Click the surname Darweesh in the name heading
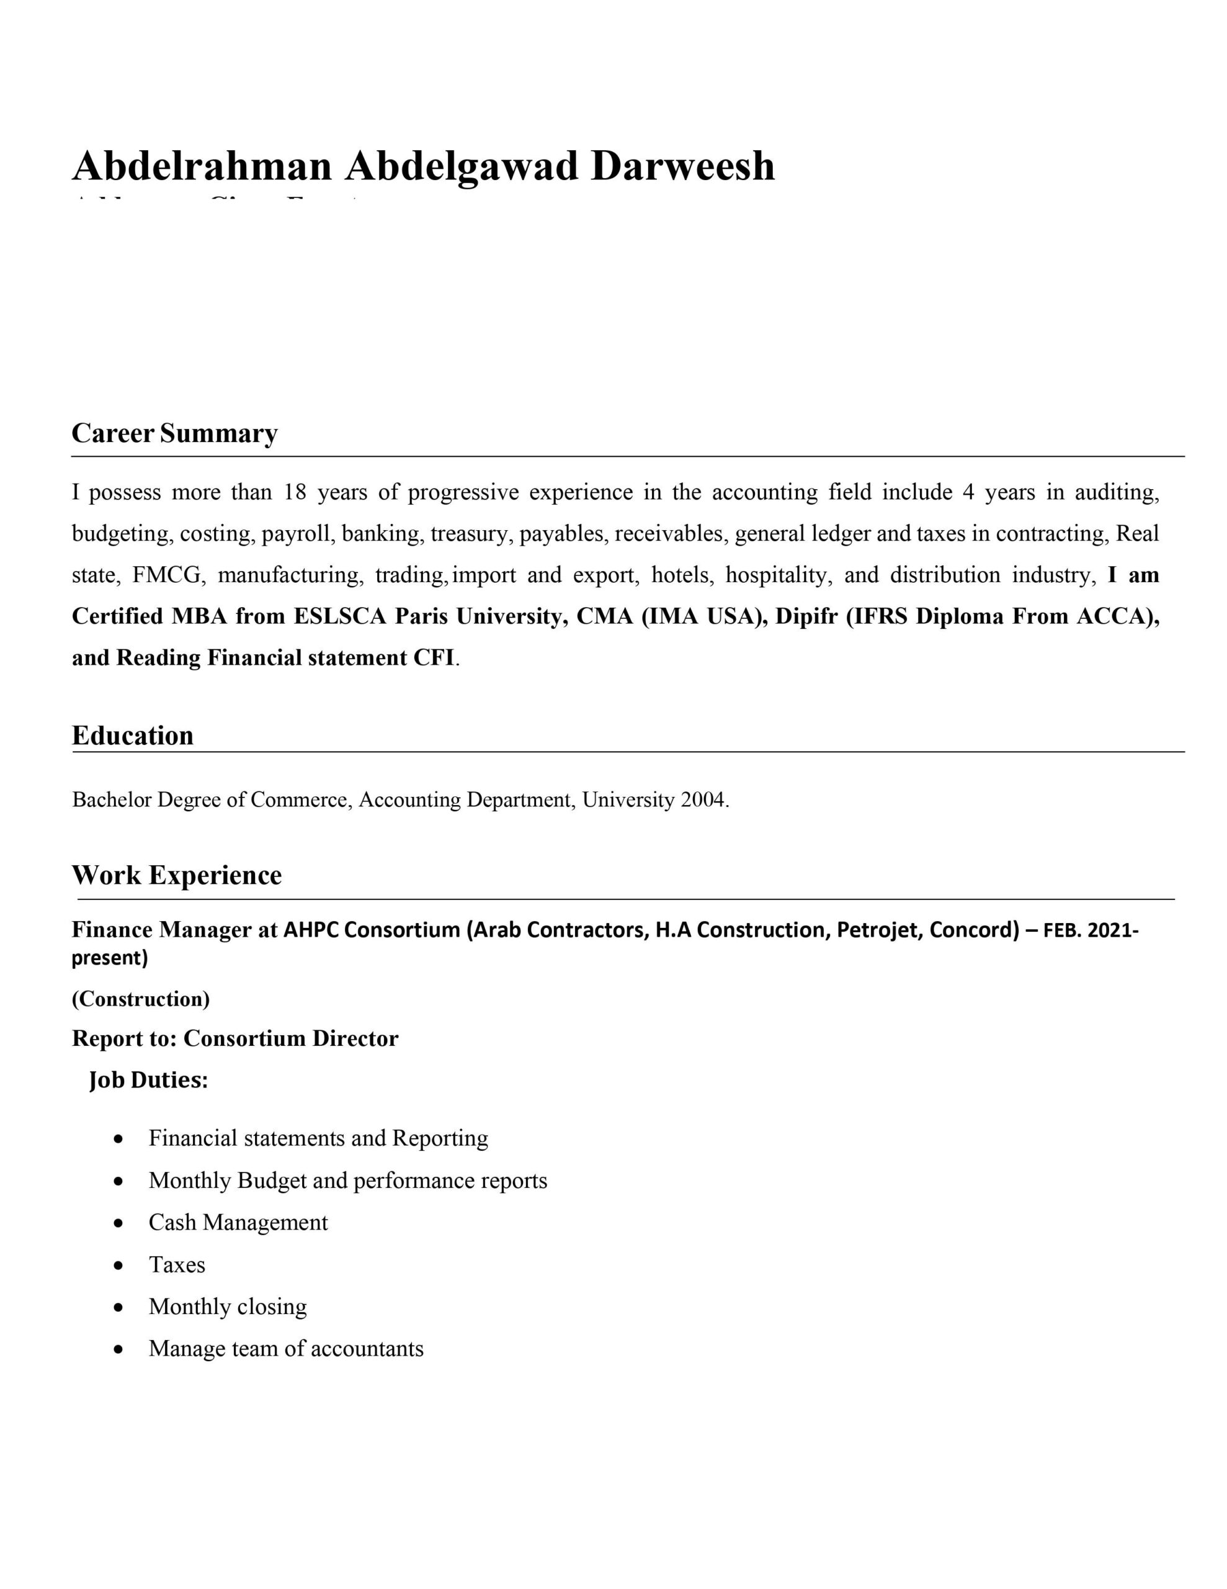click(682, 166)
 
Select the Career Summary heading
click(174, 434)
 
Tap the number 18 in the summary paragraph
click(295, 493)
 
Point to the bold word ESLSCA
click(340, 616)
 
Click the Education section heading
click(132, 736)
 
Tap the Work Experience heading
click(176, 875)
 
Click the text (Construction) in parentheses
click(140, 999)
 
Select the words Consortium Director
click(291, 1038)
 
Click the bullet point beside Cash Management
click(118, 1223)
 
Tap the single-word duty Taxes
click(177, 1265)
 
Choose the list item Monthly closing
click(228, 1307)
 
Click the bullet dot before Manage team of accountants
click(118, 1349)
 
